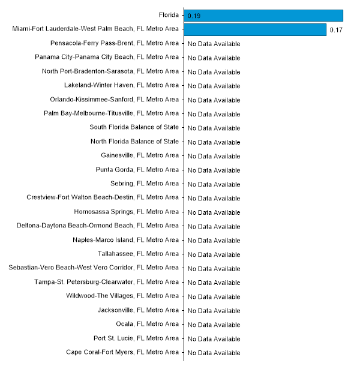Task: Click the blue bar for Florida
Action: (x=264, y=16)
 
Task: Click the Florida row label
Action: (x=168, y=15)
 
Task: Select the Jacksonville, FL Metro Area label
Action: (x=138, y=310)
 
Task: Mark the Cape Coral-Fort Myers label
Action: (x=122, y=352)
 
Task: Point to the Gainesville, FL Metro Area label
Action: (x=140, y=155)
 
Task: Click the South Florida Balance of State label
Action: (x=134, y=127)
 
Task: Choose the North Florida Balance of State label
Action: (x=134, y=142)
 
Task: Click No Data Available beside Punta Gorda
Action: (x=214, y=170)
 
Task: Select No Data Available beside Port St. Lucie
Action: (x=214, y=338)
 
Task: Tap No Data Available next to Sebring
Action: (x=214, y=184)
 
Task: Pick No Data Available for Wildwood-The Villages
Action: (x=214, y=296)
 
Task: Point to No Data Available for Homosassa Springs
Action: (x=214, y=212)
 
